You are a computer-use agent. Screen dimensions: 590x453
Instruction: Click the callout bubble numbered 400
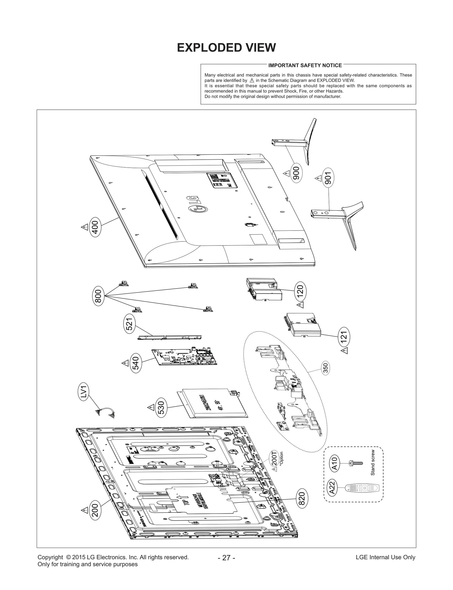pos(95,227)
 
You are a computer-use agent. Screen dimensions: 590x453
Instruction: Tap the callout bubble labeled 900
pos(296,174)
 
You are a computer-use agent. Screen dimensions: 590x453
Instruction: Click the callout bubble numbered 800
pos(98,296)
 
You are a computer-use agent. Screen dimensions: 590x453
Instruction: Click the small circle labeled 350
pos(326,368)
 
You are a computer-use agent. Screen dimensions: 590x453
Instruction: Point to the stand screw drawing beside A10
pos(356,463)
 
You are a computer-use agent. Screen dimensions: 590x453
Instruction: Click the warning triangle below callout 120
pos(300,305)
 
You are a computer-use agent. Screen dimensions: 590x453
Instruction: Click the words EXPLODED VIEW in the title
pos(226,48)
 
